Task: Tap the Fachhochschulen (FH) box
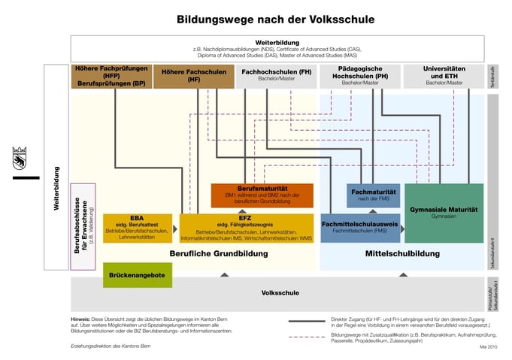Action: pos(275,76)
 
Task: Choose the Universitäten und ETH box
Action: pos(444,76)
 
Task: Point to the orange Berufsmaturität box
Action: pos(262,195)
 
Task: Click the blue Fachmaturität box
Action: pos(373,195)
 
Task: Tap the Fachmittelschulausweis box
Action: pos(359,228)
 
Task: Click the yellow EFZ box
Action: pos(245,228)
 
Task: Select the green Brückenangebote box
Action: pos(137,275)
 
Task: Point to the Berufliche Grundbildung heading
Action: pos(218,254)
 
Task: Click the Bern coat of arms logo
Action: pos(20,160)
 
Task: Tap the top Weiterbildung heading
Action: pos(277,43)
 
